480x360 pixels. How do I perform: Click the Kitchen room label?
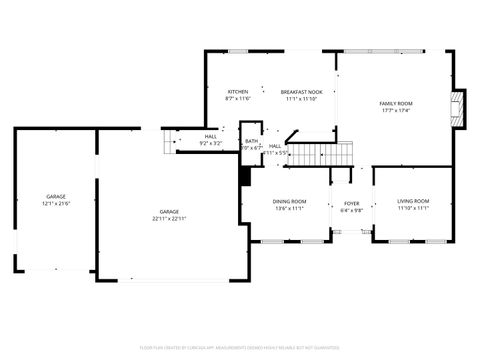(x=237, y=91)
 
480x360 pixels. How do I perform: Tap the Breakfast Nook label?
(x=300, y=91)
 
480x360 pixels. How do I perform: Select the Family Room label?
(x=396, y=103)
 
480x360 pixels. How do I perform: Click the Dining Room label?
(x=290, y=202)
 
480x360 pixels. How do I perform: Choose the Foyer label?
(x=352, y=203)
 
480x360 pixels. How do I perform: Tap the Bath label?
(x=251, y=141)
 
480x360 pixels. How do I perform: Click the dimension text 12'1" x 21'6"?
(x=56, y=204)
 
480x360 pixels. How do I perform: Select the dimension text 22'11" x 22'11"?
(x=169, y=219)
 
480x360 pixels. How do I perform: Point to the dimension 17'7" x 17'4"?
(x=396, y=111)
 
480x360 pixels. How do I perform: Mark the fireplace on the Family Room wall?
(x=460, y=109)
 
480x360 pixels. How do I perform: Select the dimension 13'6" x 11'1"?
(x=290, y=210)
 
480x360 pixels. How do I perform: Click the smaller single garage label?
(x=56, y=196)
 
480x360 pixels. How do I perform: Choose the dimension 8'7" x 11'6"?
(x=237, y=99)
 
